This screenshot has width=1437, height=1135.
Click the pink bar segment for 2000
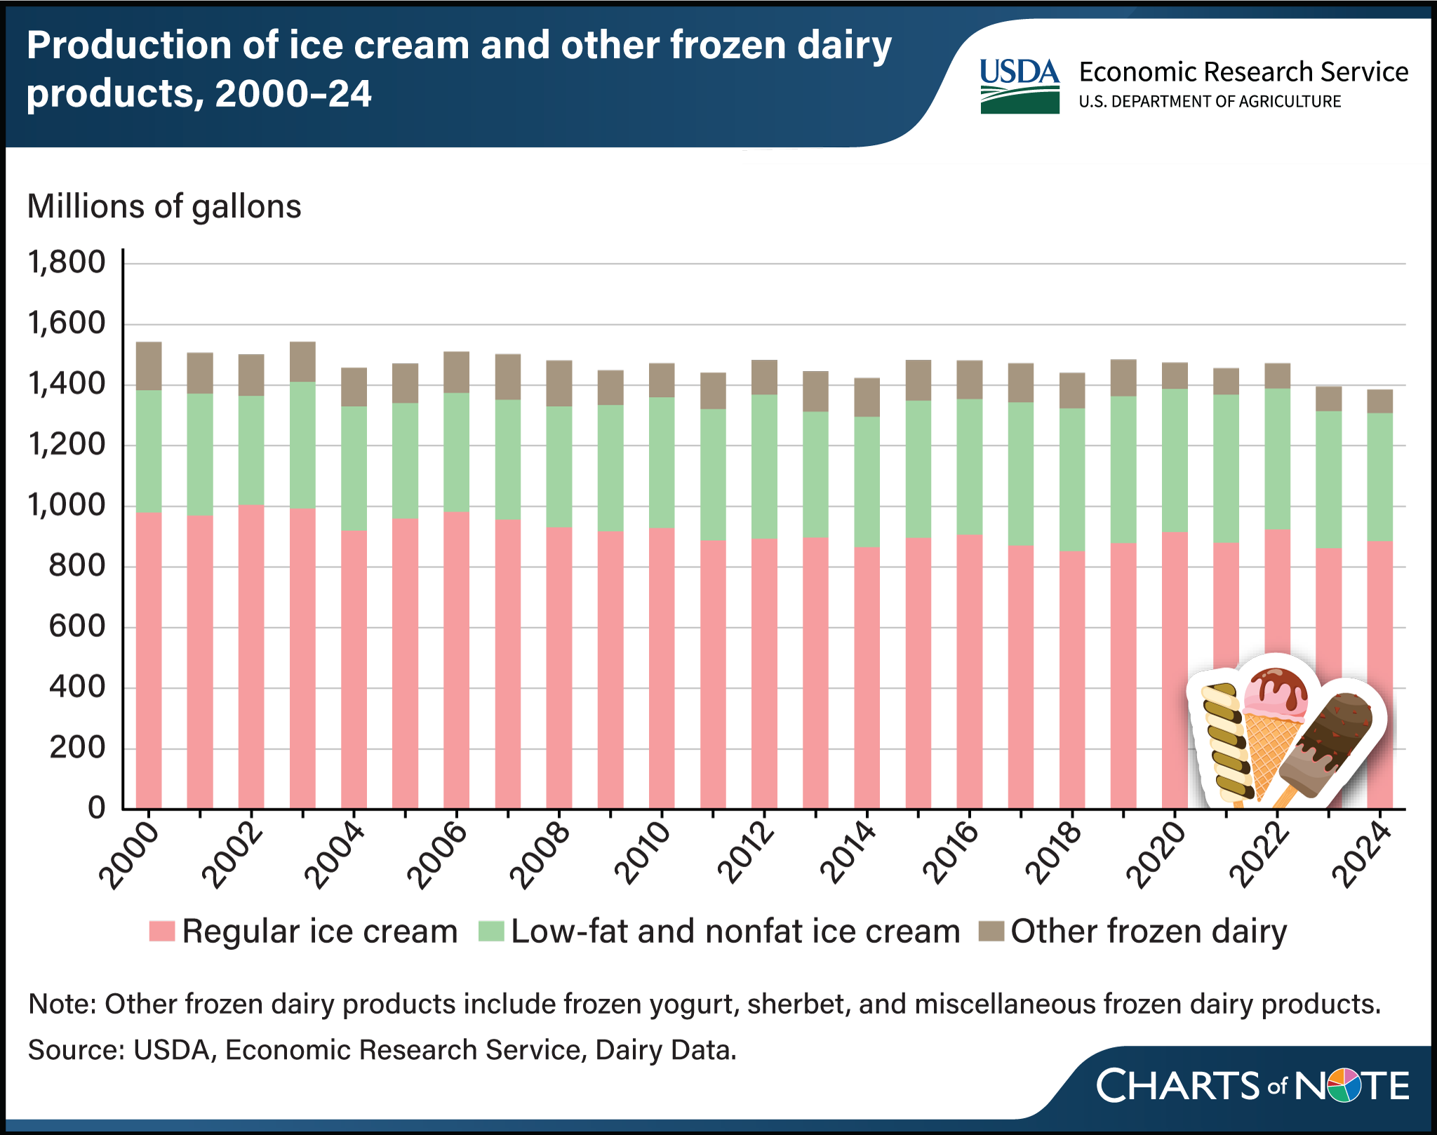[149, 659]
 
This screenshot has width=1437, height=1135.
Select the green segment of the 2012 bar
[764, 466]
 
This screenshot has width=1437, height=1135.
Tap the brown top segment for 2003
[302, 362]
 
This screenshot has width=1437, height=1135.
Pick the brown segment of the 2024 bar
[1380, 401]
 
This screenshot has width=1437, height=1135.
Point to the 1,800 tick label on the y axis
[66, 264]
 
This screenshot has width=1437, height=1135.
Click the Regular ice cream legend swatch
[161, 932]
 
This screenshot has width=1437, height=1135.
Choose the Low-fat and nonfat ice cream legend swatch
[490, 932]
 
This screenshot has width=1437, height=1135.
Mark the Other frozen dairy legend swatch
[992, 932]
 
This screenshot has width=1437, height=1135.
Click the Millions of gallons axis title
[164, 207]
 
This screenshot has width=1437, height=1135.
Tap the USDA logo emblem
[1020, 86]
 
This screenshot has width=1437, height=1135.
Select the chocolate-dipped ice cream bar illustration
[1326, 747]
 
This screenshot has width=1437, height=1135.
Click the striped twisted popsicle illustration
[1227, 744]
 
